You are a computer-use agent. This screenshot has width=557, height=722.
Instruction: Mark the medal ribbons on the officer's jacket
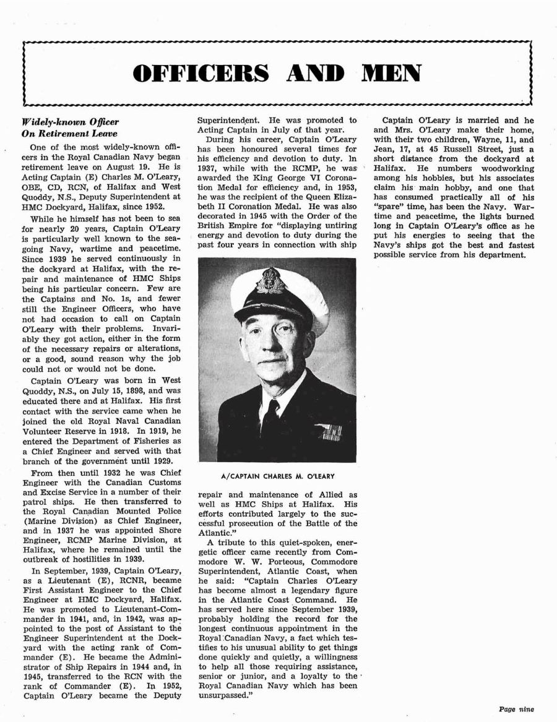329,431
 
